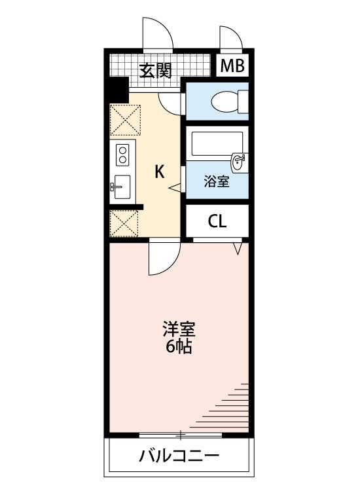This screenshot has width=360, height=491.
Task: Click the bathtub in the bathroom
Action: (217, 143)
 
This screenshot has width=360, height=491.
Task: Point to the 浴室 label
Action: (217, 182)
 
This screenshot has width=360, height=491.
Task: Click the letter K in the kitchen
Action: (159, 172)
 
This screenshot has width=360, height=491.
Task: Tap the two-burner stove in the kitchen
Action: (122, 156)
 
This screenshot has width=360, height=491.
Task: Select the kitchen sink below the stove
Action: (122, 187)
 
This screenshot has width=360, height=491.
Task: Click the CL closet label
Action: (217, 221)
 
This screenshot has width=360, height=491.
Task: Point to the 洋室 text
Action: (179, 329)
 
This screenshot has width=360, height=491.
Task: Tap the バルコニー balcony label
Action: (178, 456)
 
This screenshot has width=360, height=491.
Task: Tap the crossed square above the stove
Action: (124, 120)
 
